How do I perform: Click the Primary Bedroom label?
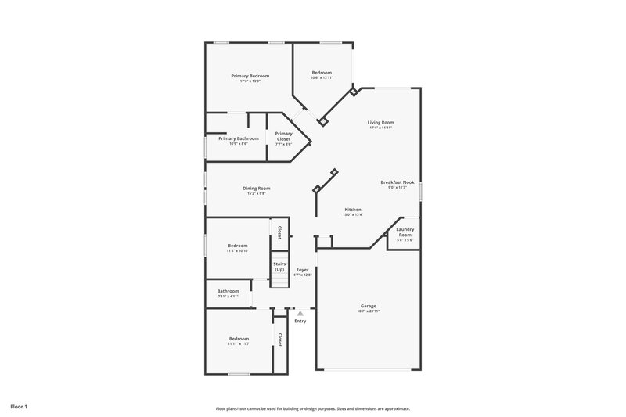point(250,76)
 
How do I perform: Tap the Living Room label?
point(381,122)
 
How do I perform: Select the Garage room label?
point(368,306)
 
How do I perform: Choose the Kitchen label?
point(353,209)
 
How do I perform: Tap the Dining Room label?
point(256,188)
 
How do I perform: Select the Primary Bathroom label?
point(232,138)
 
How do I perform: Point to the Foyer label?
point(302,269)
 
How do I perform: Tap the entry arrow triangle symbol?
point(300,313)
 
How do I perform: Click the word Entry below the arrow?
point(300,321)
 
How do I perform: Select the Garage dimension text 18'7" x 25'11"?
point(368,311)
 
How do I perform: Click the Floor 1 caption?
point(19,407)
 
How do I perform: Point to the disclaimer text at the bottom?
point(312,408)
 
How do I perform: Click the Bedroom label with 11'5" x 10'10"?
point(237,246)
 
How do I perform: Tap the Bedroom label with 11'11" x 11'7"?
point(239,338)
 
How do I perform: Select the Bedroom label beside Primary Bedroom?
point(322,72)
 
